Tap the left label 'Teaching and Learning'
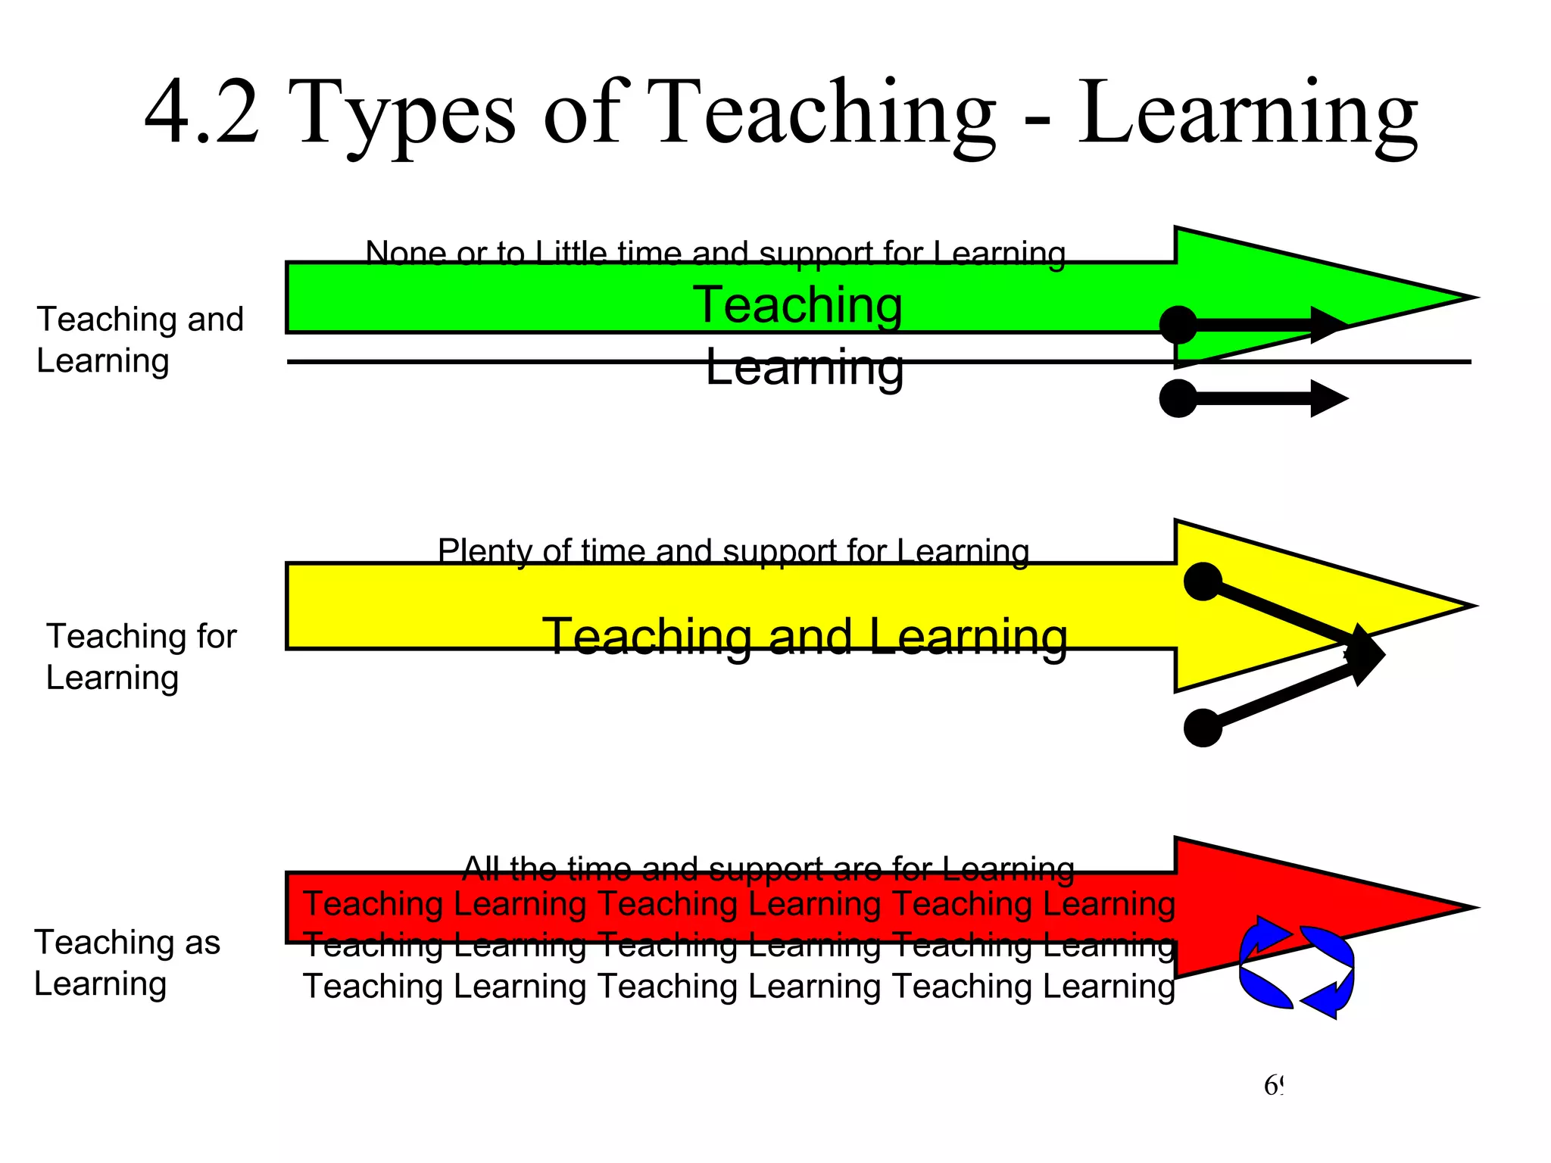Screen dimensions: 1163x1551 tap(140, 340)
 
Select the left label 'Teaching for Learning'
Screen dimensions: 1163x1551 tap(141, 656)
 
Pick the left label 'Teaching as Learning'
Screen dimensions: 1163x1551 tap(127, 963)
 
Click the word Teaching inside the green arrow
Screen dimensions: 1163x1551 tap(797, 304)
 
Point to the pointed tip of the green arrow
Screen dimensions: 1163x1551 tap(1472, 298)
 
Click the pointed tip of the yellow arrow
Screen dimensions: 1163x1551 tap(1471, 606)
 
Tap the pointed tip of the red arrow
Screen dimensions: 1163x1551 tap(1472, 907)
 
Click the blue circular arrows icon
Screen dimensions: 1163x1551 tap(1296, 967)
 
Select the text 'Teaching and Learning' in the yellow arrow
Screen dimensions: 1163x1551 tap(805, 636)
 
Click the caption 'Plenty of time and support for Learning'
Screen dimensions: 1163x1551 tap(733, 550)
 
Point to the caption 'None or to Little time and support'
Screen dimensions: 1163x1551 tap(715, 253)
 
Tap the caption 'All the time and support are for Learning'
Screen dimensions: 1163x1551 tap(768, 868)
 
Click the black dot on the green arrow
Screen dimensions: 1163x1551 tap(1178, 326)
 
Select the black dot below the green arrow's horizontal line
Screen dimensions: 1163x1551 tap(1178, 398)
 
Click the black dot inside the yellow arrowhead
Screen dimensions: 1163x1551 tap(1203, 581)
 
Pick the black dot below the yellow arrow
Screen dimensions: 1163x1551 tap(1203, 728)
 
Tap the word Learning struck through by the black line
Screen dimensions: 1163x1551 tap(804, 367)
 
